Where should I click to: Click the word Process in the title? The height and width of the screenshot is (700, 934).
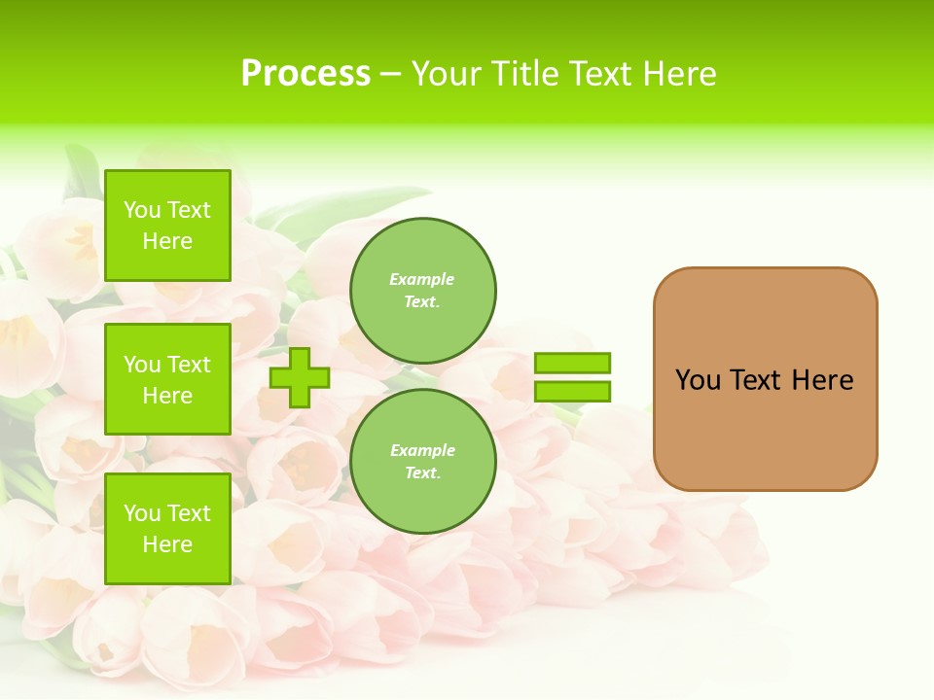pyautogui.click(x=305, y=73)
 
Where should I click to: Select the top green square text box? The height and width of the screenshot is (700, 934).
pyautogui.click(x=167, y=226)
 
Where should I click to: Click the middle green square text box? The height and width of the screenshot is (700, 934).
pyautogui.click(x=167, y=379)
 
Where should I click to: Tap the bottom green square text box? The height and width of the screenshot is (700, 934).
pyautogui.click(x=167, y=528)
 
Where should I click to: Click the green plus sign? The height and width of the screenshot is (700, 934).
pyautogui.click(x=300, y=377)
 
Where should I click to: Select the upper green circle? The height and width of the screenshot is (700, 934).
pyautogui.click(x=422, y=290)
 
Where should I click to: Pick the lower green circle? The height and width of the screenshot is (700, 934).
pyautogui.click(x=422, y=461)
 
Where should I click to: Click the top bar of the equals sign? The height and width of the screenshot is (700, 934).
pyautogui.click(x=572, y=363)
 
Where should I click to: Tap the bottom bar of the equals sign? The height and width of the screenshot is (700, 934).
pyautogui.click(x=572, y=391)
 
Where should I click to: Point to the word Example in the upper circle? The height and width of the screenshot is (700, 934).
pyautogui.click(x=422, y=279)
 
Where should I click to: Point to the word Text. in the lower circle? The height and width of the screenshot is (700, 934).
pyautogui.click(x=422, y=472)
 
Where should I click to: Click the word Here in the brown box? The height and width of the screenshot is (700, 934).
pyautogui.click(x=822, y=380)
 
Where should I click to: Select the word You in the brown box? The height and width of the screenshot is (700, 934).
pyautogui.click(x=697, y=380)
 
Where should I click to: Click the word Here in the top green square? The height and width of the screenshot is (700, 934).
pyautogui.click(x=167, y=241)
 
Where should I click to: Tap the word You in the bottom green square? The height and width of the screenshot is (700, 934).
pyautogui.click(x=142, y=513)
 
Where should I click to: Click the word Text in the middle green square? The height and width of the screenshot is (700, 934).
pyautogui.click(x=189, y=365)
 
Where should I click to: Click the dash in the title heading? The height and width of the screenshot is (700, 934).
pyautogui.click(x=391, y=75)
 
